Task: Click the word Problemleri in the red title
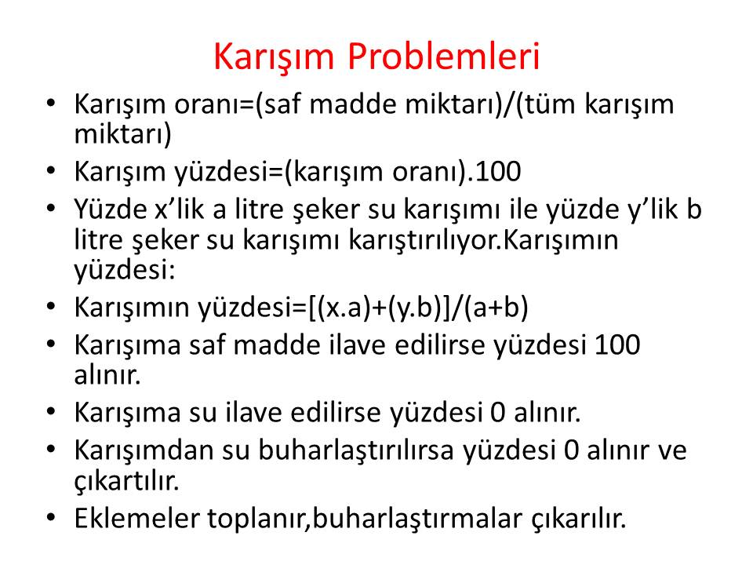point(444,56)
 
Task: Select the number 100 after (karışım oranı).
point(498,172)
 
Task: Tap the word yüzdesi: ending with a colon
point(125,270)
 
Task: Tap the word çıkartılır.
point(127,481)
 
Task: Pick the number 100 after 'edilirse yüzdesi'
point(617,345)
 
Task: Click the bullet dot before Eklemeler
point(52,516)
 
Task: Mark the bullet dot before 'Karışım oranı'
point(52,102)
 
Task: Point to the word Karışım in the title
point(273,57)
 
